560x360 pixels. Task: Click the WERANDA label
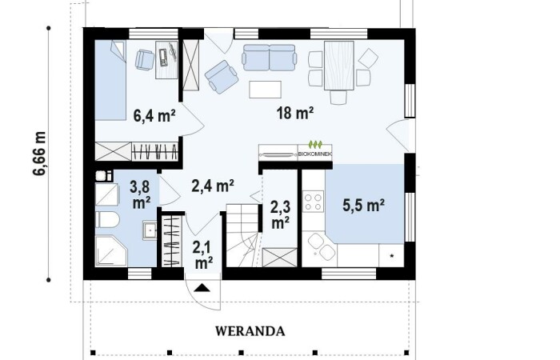pos(250,331)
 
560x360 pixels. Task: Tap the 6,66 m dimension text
pos(40,154)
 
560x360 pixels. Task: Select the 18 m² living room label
pos(295,113)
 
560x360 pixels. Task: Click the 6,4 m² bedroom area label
pos(154,116)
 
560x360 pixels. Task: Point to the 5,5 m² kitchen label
pos(363,206)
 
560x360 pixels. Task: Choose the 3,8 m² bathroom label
pos(140,194)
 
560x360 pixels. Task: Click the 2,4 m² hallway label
pos(213,186)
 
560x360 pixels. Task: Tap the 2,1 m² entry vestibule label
pos(204,254)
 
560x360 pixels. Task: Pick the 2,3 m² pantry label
pos(280,214)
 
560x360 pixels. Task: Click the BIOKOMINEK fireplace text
pos(315,154)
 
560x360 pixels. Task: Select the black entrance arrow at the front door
pos(202,287)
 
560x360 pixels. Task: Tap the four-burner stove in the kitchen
pos(314,202)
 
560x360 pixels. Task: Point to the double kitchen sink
pos(322,246)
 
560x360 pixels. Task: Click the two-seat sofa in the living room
pos(270,57)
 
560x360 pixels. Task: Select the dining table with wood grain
pos(339,66)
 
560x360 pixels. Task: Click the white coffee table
pos(265,90)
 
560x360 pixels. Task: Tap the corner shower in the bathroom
pos(111,250)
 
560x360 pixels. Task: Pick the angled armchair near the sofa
pos(222,77)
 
